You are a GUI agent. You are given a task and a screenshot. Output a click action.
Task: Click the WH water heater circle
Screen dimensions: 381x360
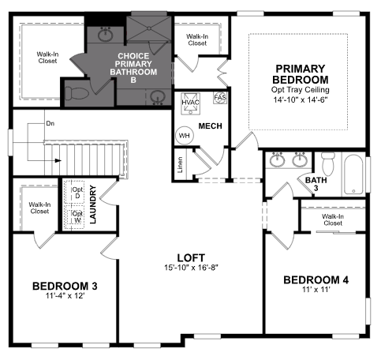tap(184, 136)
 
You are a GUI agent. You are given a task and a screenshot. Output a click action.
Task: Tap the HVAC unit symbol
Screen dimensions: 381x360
tap(190, 103)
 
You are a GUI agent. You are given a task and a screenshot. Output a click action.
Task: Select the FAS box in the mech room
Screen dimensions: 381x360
tap(220, 98)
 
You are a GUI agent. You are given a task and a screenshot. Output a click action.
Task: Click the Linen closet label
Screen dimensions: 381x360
tap(180, 165)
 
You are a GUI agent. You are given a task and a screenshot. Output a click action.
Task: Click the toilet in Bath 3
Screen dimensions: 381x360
tap(328, 163)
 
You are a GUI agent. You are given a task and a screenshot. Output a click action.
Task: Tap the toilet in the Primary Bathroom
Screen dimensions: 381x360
tap(77, 93)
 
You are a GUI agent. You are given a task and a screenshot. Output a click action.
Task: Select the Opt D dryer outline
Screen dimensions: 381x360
tap(74, 192)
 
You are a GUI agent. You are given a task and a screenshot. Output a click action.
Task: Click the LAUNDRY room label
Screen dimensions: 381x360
tap(93, 204)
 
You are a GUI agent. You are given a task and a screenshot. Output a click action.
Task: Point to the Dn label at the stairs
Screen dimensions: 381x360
tap(50, 123)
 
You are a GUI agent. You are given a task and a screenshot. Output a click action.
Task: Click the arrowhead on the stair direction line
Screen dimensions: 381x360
tap(58, 160)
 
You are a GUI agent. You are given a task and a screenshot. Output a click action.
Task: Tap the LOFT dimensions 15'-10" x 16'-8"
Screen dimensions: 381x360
tap(192, 268)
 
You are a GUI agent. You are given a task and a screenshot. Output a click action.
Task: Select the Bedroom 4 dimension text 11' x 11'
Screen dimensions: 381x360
tap(316, 290)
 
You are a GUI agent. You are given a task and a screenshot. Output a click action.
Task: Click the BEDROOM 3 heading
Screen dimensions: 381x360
tap(65, 286)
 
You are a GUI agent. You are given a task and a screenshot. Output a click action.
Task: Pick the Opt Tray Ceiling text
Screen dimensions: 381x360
tap(301, 90)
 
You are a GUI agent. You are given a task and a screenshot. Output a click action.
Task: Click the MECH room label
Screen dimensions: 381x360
tap(210, 126)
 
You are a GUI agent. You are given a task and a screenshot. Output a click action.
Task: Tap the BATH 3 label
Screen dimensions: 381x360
tap(316, 184)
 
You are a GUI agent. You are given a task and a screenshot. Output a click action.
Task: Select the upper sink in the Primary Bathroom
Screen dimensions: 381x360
tap(106, 34)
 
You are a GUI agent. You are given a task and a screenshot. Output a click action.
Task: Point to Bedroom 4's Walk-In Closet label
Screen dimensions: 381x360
tap(333, 219)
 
